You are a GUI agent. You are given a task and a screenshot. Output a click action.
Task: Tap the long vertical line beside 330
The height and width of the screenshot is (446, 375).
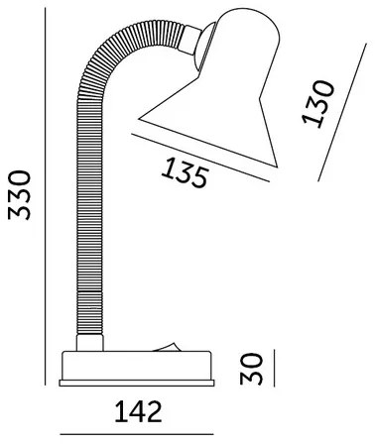(48, 198)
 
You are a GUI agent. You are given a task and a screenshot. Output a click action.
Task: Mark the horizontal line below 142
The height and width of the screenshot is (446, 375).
(136, 435)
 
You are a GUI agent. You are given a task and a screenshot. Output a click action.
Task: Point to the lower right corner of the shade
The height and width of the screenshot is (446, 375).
(279, 168)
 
